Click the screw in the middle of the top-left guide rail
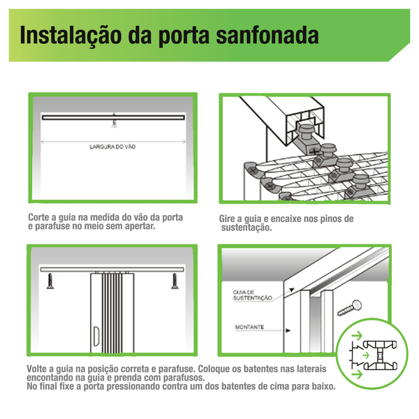click(x=112, y=122)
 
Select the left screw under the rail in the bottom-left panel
click(x=51, y=281)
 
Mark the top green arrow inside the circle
click(x=358, y=337)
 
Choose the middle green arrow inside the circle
click(x=363, y=355)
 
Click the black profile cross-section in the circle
click(x=381, y=355)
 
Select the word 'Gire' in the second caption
click(x=230, y=219)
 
